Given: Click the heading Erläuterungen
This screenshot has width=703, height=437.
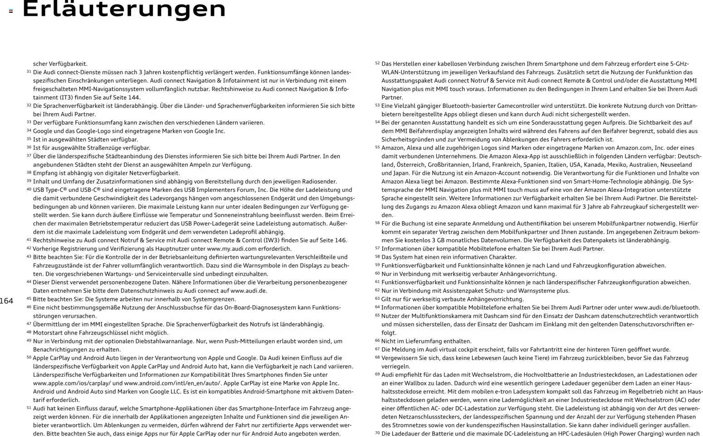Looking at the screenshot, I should [x=124, y=10].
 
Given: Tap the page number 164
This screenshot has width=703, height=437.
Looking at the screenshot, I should [x=6, y=301].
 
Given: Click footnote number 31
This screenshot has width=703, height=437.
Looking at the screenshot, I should [x=29, y=72].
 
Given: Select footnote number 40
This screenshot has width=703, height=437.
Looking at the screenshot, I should [x=29, y=189].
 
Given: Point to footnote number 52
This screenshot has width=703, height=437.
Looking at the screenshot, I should [x=377, y=63].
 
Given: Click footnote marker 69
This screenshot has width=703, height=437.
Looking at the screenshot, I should [x=377, y=374].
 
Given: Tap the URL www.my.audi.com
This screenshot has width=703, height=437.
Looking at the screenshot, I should [x=232, y=249].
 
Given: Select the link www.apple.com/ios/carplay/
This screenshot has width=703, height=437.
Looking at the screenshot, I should [x=71, y=383].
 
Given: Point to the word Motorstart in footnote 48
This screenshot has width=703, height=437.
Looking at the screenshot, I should [x=48, y=333].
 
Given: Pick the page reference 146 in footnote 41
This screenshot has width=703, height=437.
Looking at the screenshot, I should [x=341, y=240].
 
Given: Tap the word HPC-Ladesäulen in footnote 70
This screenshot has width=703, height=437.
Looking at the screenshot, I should [x=559, y=433].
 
